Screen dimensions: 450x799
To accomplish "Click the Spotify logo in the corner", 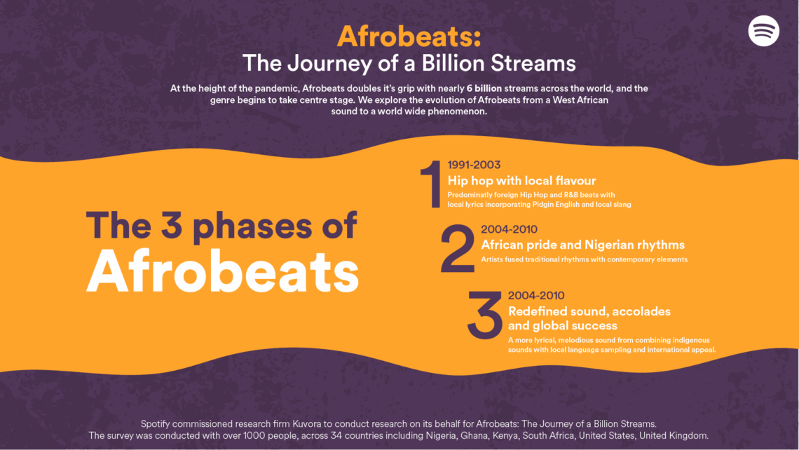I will point(763,31).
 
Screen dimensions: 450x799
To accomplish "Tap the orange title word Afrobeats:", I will point(409,35).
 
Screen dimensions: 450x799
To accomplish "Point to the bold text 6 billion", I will point(488,88).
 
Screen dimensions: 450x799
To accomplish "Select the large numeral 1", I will point(430,184).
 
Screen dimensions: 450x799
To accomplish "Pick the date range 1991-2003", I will point(474,165).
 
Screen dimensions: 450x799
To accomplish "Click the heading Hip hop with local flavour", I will point(521,181).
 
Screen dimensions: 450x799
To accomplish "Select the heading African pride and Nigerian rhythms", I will point(582,245).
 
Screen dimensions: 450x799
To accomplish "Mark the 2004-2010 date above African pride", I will point(509,229).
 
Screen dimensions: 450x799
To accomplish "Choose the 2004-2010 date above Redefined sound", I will point(536,295).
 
